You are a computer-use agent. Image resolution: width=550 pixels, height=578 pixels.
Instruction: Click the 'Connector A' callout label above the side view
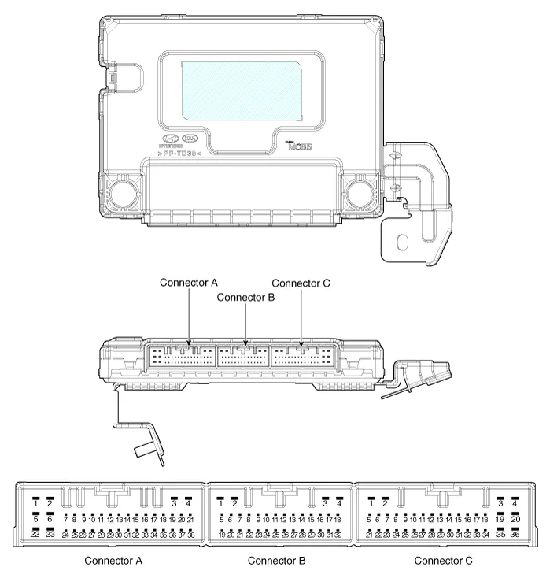[188, 282]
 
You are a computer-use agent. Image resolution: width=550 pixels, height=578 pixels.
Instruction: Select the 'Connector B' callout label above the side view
[245, 297]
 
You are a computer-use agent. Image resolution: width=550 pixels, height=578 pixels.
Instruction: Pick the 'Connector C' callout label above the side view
[301, 282]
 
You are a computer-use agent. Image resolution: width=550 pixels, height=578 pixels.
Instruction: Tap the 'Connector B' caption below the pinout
[277, 561]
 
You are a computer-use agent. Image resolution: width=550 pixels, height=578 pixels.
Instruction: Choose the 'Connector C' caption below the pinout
[444, 561]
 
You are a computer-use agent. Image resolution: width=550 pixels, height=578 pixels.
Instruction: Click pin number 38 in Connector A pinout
[190, 534]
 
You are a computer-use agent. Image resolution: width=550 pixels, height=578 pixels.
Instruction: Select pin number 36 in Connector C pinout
[515, 534]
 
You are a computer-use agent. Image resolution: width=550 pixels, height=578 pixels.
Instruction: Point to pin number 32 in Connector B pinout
[338, 534]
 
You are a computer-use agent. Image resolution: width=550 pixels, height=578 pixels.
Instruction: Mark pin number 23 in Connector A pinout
[50, 534]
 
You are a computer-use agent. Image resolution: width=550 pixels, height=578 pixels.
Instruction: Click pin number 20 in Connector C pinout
[515, 519]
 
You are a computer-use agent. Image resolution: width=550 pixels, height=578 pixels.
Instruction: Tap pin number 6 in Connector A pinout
[50, 519]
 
